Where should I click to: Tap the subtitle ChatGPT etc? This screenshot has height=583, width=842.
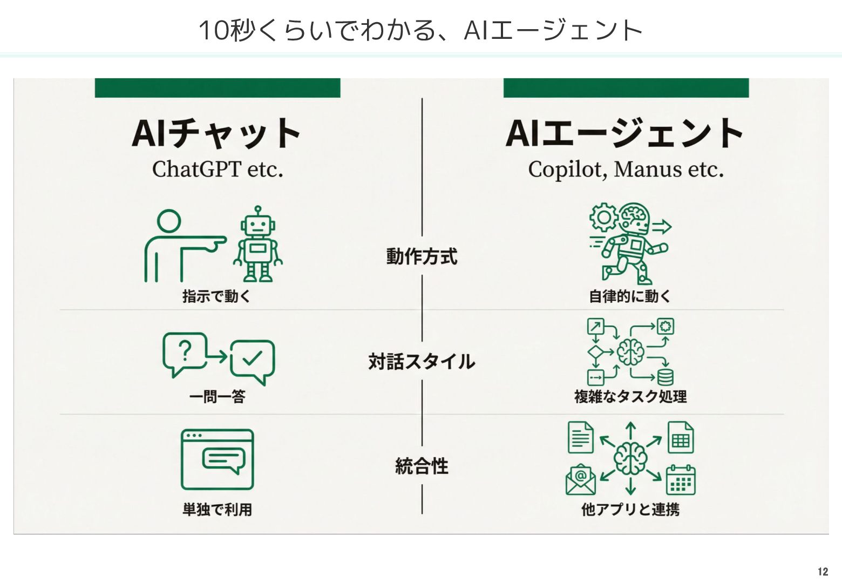tap(218, 170)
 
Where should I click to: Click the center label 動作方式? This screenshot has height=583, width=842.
tap(422, 256)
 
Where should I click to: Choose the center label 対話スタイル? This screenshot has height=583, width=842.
tap(422, 361)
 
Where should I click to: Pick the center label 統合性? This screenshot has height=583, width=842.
tap(422, 466)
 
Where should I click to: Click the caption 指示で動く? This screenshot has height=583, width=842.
tap(216, 296)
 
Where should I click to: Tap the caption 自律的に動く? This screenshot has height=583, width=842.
tap(629, 296)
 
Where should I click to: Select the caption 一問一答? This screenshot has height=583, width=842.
tap(217, 397)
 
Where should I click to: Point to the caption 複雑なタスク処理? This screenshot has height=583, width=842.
tap(630, 397)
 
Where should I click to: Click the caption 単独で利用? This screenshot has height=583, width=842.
tap(217, 509)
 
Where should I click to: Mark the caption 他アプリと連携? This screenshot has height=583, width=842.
tap(630, 509)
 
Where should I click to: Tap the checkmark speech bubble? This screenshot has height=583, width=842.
tap(252, 361)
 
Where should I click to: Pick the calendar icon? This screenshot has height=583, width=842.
tap(681, 480)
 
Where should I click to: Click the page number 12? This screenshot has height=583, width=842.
tap(823, 572)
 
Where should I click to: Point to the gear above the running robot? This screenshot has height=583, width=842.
tap(603, 217)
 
